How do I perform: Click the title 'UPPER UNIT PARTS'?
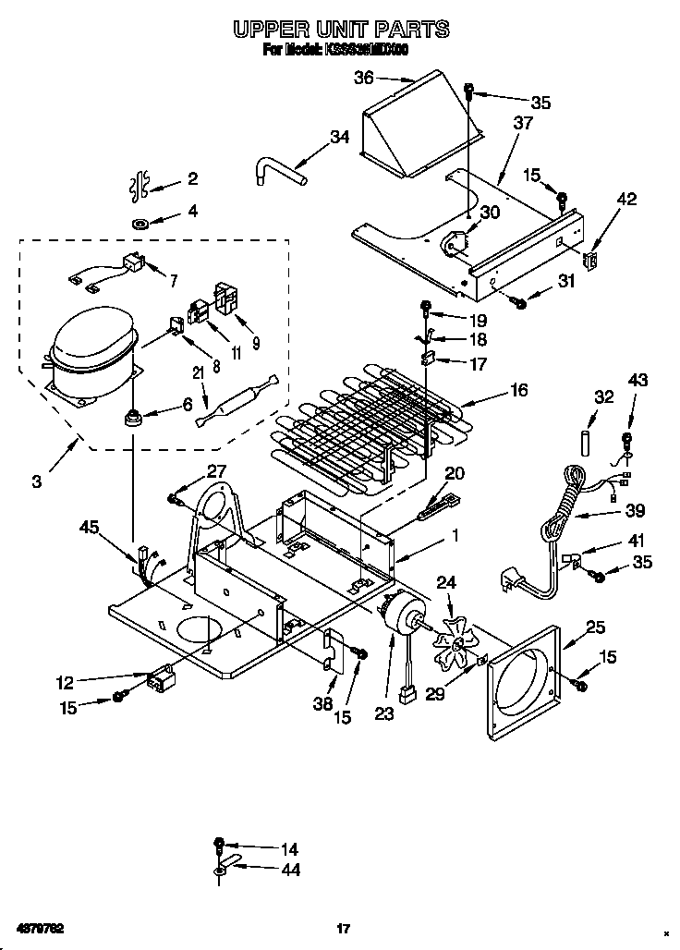pyautogui.click(x=341, y=30)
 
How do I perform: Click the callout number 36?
pyautogui.click(x=365, y=79)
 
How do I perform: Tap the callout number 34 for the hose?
pyautogui.click(x=339, y=137)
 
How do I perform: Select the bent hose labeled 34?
pyautogui.click(x=278, y=172)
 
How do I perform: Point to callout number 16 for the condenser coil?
pyautogui.click(x=518, y=391)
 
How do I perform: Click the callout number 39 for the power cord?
pyautogui.click(x=635, y=511)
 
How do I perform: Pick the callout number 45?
pyautogui.click(x=89, y=527)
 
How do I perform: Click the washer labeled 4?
pyautogui.click(x=143, y=223)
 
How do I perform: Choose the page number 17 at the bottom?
pyautogui.click(x=341, y=928)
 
